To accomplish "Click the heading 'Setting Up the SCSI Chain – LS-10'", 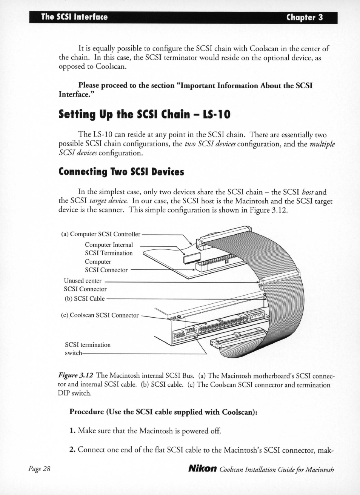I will (144, 114).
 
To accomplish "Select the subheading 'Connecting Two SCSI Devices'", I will (121, 172).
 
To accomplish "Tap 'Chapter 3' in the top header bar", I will (304, 17).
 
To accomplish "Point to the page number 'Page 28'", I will (39, 469).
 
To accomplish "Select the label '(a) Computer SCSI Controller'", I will (100, 234).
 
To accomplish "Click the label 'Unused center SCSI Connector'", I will (85, 285).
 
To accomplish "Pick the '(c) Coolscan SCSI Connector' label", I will (100, 315).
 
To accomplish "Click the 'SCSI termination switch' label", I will (88, 349).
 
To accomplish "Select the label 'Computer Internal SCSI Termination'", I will (109, 249).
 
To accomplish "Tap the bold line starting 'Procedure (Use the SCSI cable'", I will (163, 412).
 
